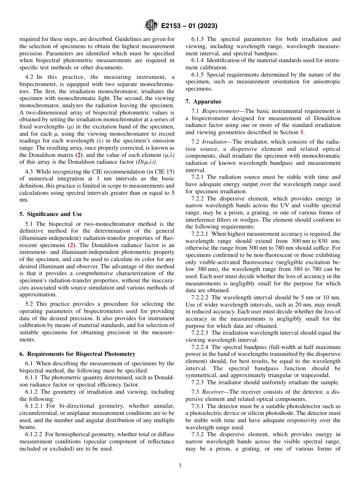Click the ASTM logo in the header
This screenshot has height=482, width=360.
tap(151, 26)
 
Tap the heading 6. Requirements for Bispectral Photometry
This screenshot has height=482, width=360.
tap(77, 354)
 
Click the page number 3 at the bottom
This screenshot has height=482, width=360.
tap(180, 465)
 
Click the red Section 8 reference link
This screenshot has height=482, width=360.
tap(302, 132)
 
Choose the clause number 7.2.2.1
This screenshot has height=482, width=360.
tap(201, 234)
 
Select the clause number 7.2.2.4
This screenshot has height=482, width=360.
tap(201, 347)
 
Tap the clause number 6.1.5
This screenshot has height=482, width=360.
tap(198, 75)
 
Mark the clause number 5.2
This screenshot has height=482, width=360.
tap(30, 304)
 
